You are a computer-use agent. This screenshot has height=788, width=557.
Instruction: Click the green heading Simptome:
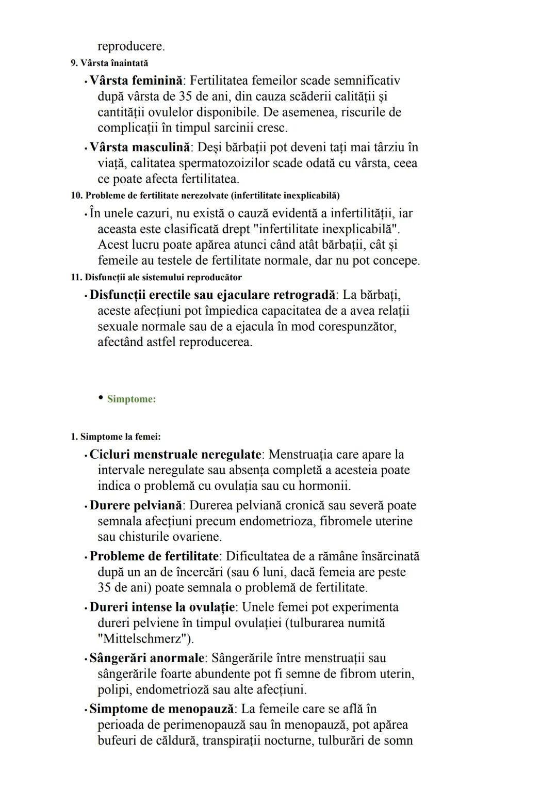[x=131, y=399]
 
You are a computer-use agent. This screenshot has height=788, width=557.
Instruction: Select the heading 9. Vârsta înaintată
[x=109, y=63]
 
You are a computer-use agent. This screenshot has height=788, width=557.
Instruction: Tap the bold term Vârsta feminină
[x=136, y=81]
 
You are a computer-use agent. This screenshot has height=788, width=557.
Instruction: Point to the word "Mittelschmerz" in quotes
[x=145, y=638]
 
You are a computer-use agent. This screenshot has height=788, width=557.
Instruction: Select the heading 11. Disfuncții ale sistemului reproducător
[x=156, y=278]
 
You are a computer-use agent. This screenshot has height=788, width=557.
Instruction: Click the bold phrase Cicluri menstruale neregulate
[x=175, y=455]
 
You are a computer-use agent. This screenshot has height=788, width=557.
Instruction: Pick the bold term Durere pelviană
[x=136, y=505]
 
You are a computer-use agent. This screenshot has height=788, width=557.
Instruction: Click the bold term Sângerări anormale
[x=146, y=658]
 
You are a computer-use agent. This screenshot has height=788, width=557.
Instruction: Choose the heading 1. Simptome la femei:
[x=116, y=437]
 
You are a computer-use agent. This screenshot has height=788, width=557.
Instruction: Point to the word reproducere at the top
[x=131, y=46]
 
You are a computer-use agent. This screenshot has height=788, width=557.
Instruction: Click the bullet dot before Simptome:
[x=100, y=398]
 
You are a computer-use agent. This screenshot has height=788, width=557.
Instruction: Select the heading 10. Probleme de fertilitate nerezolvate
[x=205, y=196]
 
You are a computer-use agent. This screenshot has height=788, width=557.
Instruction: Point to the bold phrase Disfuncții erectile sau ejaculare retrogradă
[x=212, y=295]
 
